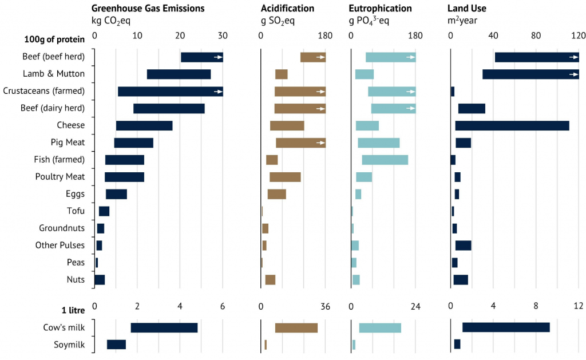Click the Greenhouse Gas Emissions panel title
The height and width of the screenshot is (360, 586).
148,9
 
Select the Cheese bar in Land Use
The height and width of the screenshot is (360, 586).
512,125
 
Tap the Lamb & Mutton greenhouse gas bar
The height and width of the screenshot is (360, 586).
179,74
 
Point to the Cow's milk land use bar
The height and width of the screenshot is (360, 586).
506,327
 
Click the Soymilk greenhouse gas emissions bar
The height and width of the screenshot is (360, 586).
116,345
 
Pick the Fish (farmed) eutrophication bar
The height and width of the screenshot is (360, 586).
385,160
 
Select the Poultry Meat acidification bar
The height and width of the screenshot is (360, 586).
285,177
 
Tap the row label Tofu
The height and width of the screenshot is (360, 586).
76,211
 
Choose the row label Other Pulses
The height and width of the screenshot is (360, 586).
60,246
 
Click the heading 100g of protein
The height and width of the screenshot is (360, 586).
54,39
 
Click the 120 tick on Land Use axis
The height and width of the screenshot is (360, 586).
578,35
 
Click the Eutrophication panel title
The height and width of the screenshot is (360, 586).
380,9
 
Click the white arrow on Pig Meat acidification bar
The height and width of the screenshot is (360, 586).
321,143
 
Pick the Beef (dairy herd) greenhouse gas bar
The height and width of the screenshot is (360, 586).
169,108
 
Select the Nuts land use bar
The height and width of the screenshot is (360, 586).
461,280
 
